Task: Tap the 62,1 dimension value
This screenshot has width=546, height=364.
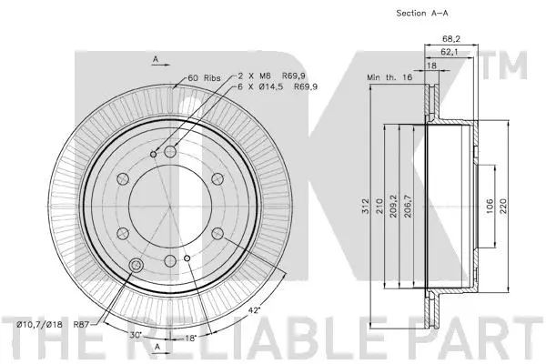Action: tap(446, 54)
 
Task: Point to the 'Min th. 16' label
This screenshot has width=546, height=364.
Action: tap(389, 79)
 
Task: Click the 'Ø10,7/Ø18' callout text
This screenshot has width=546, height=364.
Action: tap(39, 325)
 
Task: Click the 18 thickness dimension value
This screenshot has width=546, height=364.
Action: tap(431, 66)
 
